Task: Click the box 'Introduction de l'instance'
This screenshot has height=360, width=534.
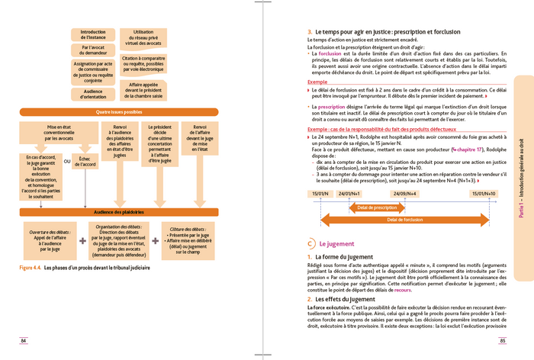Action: (93, 35)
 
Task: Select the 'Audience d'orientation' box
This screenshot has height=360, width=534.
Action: (93, 95)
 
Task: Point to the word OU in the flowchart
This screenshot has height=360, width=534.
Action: (67, 161)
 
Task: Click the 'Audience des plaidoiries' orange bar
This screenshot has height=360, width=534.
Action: (119, 212)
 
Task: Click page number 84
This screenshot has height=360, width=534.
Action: (24, 339)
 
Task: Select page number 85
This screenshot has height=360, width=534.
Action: (503, 339)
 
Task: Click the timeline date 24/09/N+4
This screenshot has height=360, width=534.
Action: (404, 194)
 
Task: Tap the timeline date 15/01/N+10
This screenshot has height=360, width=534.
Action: (483, 194)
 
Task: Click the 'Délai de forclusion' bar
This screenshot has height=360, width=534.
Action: (404, 220)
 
